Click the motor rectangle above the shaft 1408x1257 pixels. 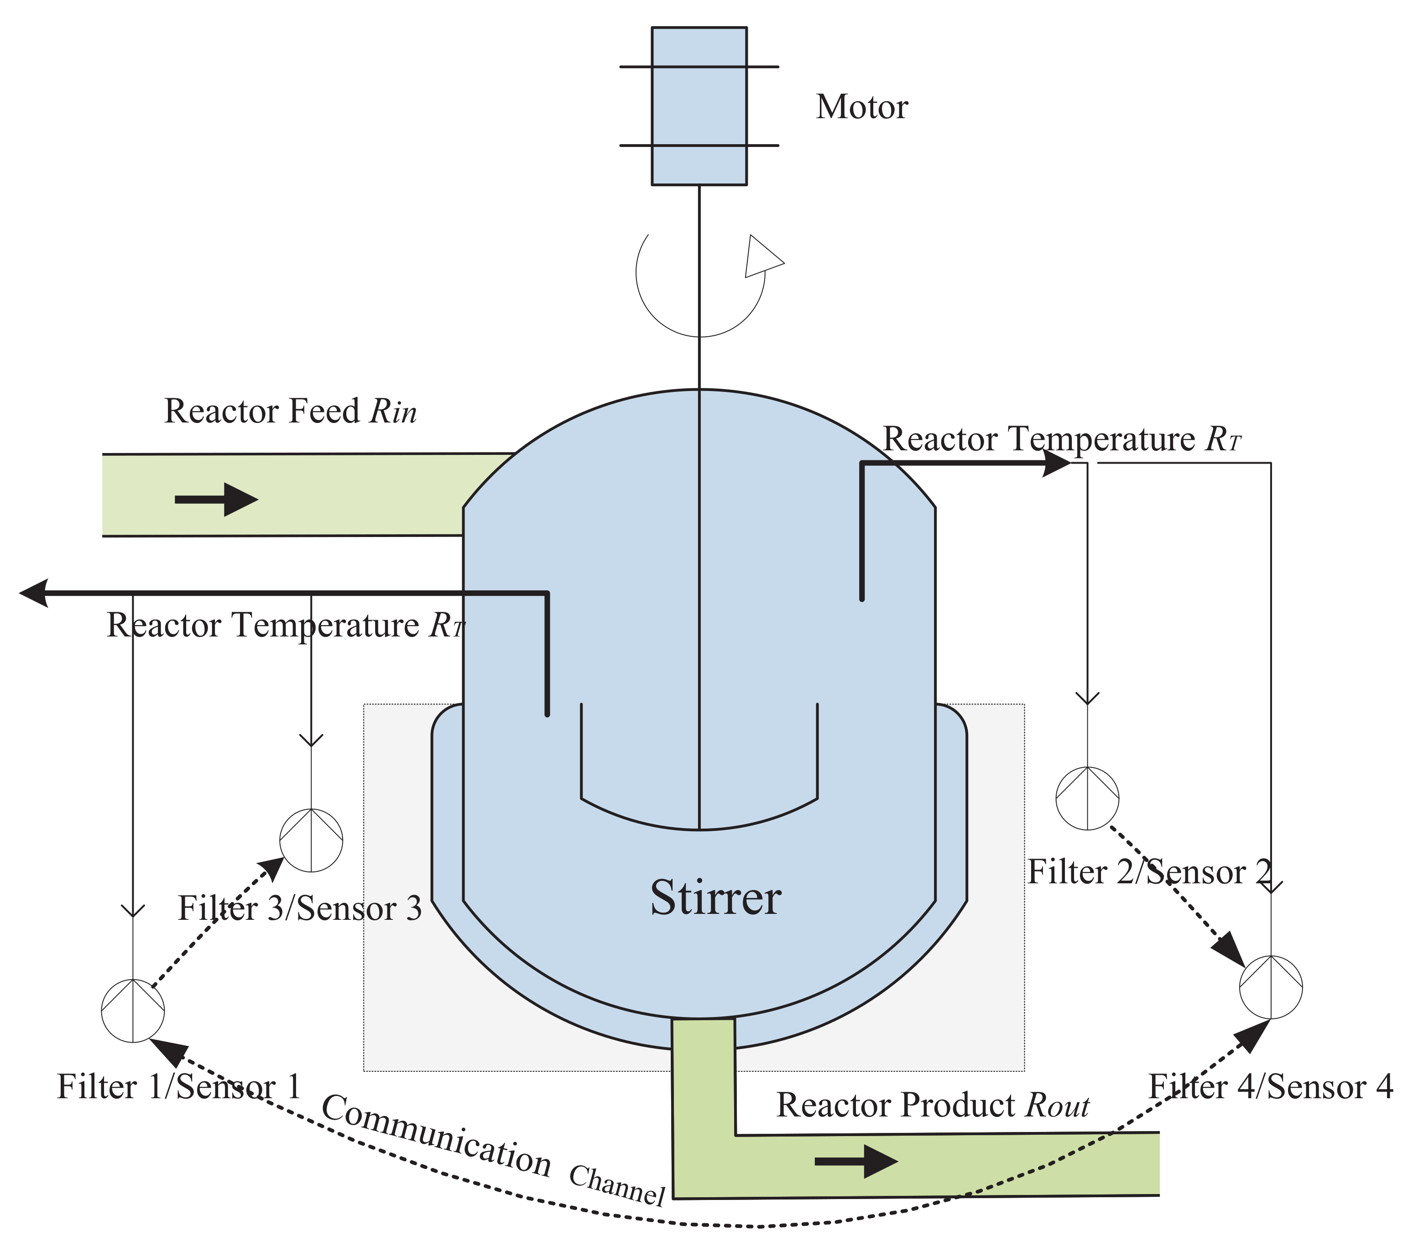pyautogui.click(x=699, y=106)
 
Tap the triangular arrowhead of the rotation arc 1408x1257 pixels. pyautogui.click(x=761, y=257)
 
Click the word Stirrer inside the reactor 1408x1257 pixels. pyautogui.click(x=715, y=898)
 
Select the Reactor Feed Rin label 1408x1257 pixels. pyautogui.click(x=290, y=412)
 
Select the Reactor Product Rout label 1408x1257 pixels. pyautogui.click(x=932, y=1105)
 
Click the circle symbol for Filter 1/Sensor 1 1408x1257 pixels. pyautogui.click(x=133, y=1011)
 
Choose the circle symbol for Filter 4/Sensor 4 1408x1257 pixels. pyautogui.click(x=1271, y=987)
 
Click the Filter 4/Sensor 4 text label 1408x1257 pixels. pyautogui.click(x=1270, y=1087)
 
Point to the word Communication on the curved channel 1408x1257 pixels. pyautogui.click(x=437, y=1136)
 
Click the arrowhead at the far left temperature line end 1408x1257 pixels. pyautogui.click(x=33, y=593)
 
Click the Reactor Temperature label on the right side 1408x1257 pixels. pyautogui.click(x=1062, y=439)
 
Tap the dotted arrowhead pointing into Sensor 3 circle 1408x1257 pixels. pyautogui.click(x=271, y=869)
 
